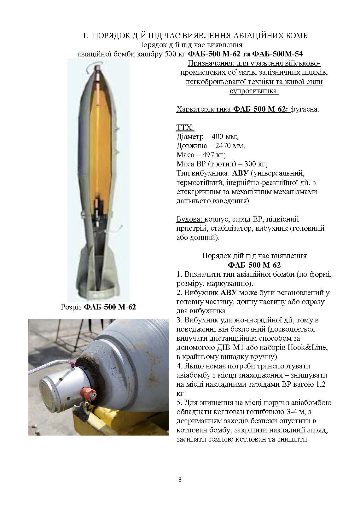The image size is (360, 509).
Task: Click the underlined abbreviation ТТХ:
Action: (x=185, y=128)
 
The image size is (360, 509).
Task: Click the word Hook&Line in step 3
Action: (x=311, y=348)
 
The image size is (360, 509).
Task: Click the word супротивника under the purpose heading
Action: (x=254, y=91)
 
